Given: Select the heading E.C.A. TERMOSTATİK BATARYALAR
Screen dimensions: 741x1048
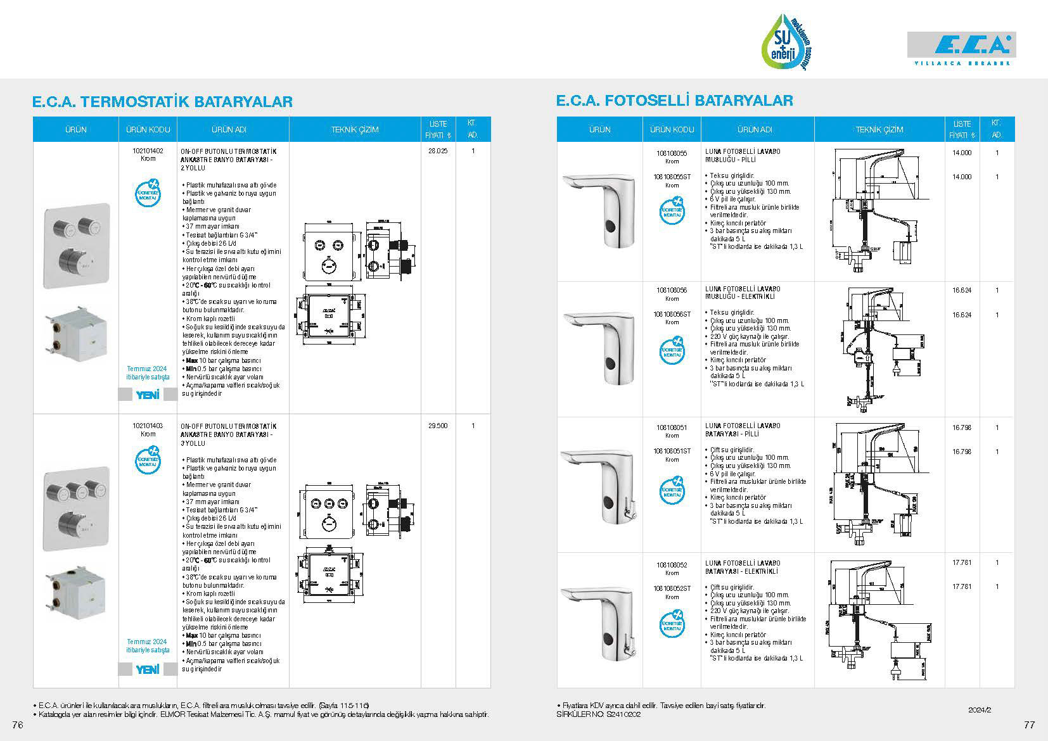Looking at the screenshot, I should click(x=162, y=101).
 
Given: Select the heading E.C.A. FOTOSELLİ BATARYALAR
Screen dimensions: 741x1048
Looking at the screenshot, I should click(x=674, y=100).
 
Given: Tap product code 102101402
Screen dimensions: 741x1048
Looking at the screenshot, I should click(x=148, y=151).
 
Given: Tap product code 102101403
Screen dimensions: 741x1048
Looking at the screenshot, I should click(x=148, y=426).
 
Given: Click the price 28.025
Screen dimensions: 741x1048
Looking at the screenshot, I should click(x=438, y=151).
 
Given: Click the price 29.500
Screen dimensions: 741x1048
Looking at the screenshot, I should click(x=438, y=426).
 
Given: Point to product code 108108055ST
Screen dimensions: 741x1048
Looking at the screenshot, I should click(x=672, y=177).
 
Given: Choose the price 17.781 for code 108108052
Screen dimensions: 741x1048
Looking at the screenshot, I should click(x=961, y=562).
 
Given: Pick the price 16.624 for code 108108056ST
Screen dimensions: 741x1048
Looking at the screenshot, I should click(x=961, y=315).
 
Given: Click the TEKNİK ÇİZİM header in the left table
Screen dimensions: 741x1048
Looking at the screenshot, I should click(x=355, y=130).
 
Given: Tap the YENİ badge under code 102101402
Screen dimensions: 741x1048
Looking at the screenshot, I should click(x=148, y=395).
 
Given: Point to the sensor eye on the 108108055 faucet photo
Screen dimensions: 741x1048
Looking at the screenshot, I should click(x=610, y=227).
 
